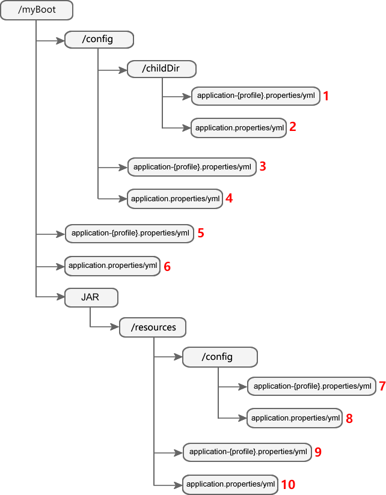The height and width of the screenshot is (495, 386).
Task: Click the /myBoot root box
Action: click(x=37, y=10)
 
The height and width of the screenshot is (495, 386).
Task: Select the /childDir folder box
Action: click(x=162, y=68)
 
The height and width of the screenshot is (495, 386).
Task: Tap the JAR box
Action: click(x=91, y=297)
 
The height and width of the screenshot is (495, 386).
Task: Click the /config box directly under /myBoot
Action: click(x=99, y=40)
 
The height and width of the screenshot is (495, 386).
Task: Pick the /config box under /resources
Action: click(x=220, y=357)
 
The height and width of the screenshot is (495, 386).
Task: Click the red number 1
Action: click(x=326, y=96)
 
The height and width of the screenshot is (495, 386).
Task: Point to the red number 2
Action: click(x=292, y=127)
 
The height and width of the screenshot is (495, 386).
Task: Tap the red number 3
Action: click(x=262, y=167)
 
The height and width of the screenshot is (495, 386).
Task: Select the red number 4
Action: click(x=229, y=198)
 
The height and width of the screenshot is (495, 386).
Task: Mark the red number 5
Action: click(x=201, y=233)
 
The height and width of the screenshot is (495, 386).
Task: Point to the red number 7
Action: click(x=382, y=386)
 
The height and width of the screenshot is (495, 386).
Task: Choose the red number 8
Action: click(x=349, y=419)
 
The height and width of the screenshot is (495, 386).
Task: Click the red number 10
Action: click(x=289, y=484)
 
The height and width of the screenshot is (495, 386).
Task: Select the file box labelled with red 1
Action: click(x=256, y=96)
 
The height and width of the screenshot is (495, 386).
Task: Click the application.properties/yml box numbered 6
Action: click(x=112, y=266)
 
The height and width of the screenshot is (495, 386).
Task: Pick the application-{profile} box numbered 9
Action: click(x=248, y=452)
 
